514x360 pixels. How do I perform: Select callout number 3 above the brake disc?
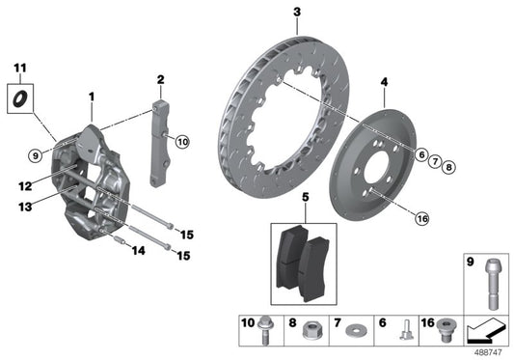296,12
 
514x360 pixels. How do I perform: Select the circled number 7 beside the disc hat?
435,160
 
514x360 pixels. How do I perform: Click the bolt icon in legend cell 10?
264,331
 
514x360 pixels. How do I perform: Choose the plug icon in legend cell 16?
445,332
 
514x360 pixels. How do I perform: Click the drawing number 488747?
493,353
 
